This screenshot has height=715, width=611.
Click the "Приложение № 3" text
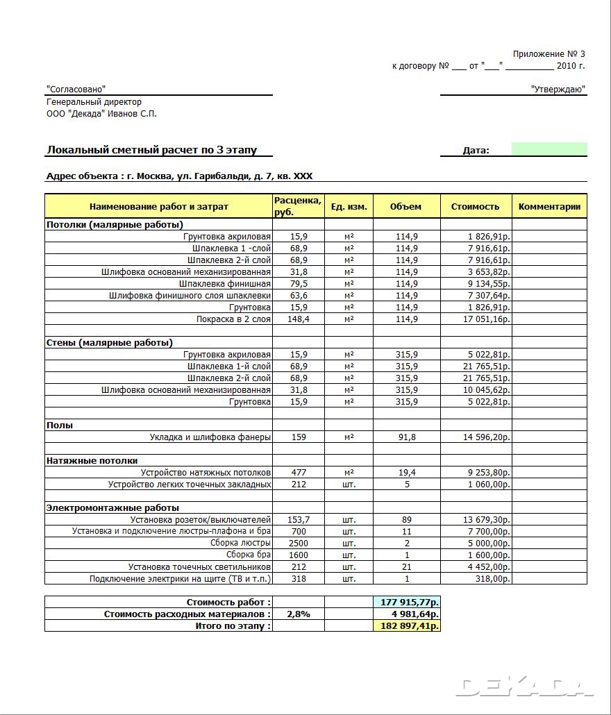pos(549,54)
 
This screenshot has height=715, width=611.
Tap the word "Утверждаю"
pos(558,90)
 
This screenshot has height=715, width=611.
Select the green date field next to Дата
pos(549,149)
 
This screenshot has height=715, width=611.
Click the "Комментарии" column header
pos(549,207)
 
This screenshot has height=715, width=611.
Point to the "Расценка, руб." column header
pos(298,206)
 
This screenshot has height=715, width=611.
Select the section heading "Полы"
pos(60,426)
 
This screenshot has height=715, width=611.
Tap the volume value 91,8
pos(406,437)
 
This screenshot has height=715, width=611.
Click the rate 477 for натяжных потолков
pos(299,473)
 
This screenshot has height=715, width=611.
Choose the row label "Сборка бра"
pos(248,555)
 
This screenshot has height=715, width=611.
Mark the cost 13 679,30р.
pos(486,520)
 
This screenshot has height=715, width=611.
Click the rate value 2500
pos(299,544)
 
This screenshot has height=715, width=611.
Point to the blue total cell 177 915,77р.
pos(407,603)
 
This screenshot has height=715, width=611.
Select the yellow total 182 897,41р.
pos(407,626)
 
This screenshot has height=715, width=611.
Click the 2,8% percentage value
pos(299,614)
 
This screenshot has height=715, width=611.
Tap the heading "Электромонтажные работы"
pos(112,508)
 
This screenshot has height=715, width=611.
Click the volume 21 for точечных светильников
pos(406,567)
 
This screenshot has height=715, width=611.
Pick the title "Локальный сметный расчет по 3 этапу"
pos(152,150)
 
